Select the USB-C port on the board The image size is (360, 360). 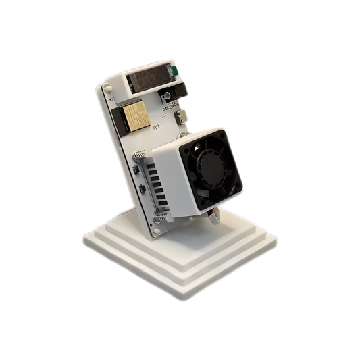[x=182, y=116]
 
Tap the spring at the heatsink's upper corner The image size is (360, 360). [x=139, y=156]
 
